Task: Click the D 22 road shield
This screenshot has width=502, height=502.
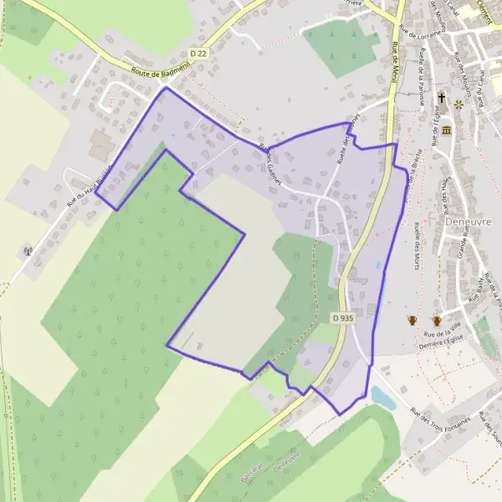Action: tap(198, 53)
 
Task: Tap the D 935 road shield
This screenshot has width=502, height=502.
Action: tap(339, 318)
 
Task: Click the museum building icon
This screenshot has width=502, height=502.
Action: tap(447, 131)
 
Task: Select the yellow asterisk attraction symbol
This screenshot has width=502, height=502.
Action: tap(458, 105)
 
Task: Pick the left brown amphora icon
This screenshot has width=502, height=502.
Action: tap(412, 320)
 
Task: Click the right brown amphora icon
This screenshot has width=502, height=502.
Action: tap(436, 320)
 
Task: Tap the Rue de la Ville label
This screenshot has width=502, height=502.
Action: tap(454, 333)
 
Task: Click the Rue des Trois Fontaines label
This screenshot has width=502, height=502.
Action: tap(439, 416)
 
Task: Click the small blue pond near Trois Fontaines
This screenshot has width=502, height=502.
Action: tap(382, 397)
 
